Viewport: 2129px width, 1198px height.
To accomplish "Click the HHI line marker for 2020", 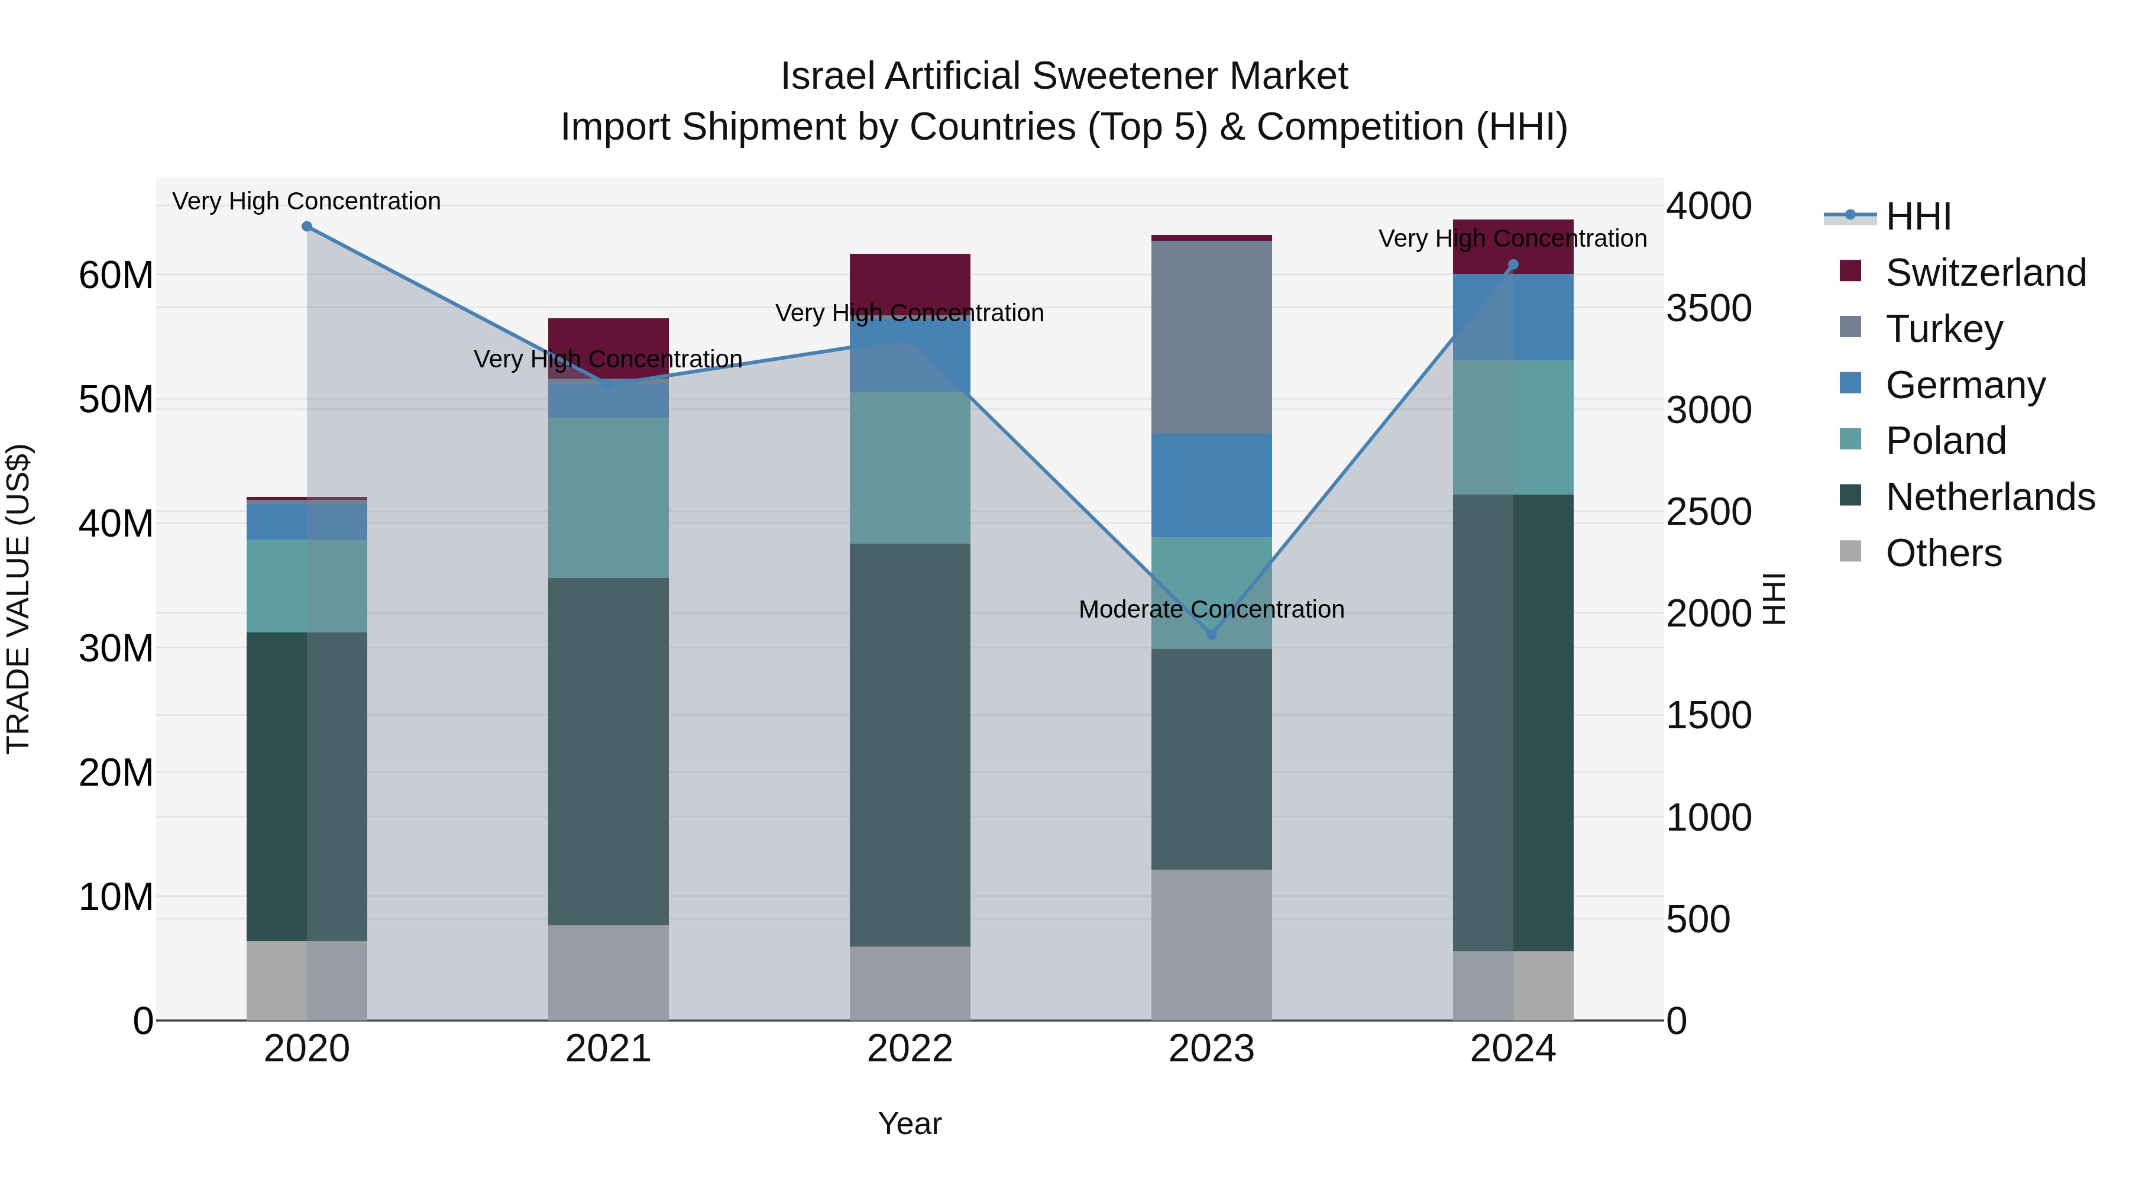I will pos(306,227).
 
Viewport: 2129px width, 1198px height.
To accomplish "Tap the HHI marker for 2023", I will pos(1212,635).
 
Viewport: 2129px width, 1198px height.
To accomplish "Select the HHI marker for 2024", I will pos(1513,266).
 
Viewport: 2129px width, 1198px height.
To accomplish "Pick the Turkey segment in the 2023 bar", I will pos(1212,337).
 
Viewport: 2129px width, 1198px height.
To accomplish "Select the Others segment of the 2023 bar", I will pos(1212,944).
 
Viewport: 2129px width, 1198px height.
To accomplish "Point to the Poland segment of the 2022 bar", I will pos(910,468).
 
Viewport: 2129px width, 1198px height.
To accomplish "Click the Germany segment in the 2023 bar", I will pos(1212,485).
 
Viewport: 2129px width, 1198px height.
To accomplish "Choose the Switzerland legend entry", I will pos(1985,273).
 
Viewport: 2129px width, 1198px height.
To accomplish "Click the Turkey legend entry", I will pos(1944,329).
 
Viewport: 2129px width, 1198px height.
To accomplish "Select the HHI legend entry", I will pos(1917,217).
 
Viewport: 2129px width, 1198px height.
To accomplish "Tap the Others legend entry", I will pos(1943,553).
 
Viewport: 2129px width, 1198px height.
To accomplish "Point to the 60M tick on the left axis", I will pos(116,275).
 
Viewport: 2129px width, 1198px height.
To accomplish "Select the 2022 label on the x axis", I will pos(910,1049).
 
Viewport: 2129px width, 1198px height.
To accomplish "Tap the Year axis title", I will pos(910,1123).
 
